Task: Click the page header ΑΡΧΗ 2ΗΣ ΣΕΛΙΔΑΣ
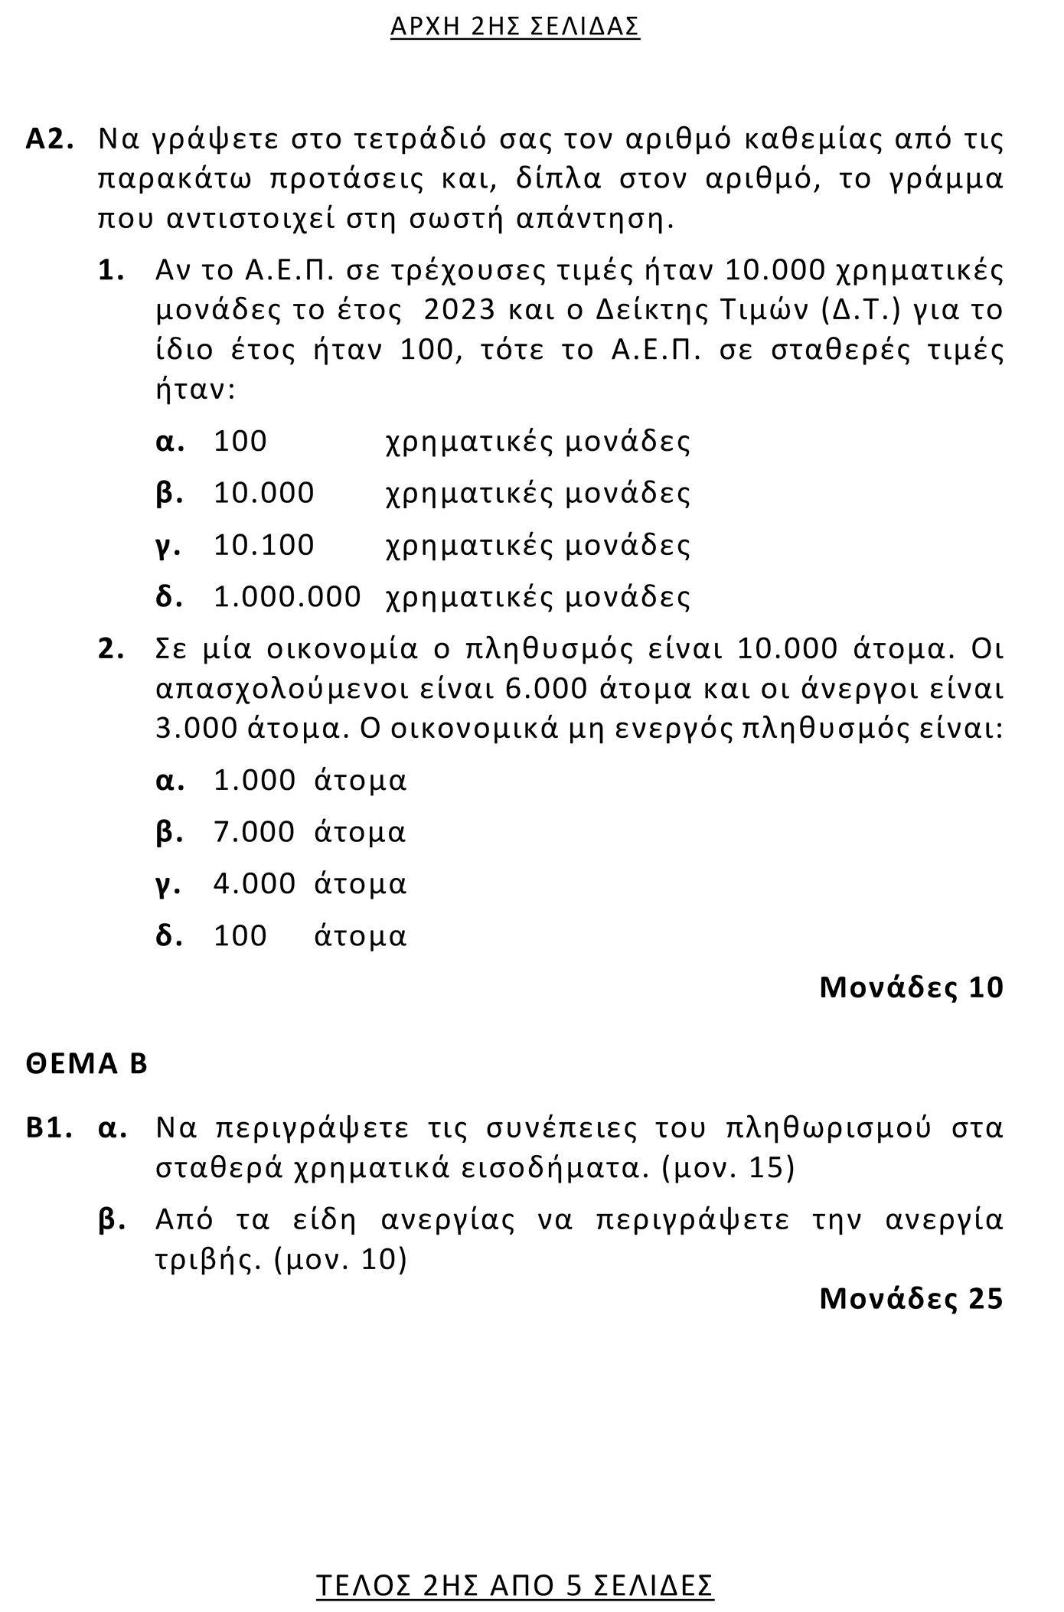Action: click(x=514, y=27)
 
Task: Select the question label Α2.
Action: click(x=50, y=140)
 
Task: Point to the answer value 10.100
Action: click(x=264, y=545)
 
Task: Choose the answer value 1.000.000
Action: click(x=287, y=597)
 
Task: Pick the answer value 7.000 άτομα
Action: click(x=309, y=832)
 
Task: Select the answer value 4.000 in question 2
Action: click(x=254, y=884)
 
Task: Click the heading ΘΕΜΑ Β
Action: click(x=86, y=1065)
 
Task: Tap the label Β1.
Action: click(x=50, y=1129)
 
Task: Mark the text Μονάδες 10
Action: click(x=911, y=988)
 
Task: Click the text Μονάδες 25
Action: click(x=911, y=1299)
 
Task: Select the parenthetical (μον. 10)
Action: click(x=340, y=1259)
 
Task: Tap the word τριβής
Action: click(x=204, y=1259)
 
